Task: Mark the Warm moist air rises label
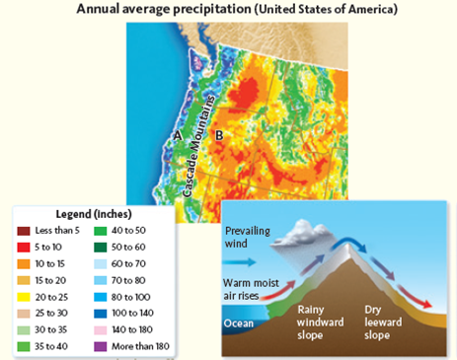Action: (255, 290)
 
